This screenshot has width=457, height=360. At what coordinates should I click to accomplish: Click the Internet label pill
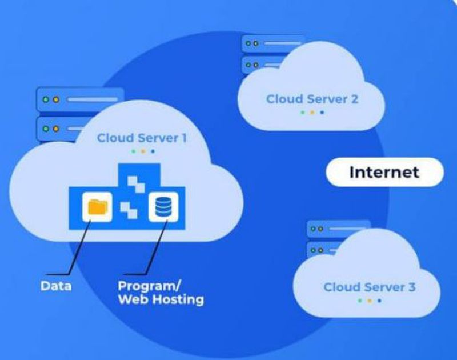[384, 172]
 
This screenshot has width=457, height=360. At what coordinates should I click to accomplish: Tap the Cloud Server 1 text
[142, 138]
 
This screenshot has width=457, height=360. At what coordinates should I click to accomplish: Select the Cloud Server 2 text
[312, 99]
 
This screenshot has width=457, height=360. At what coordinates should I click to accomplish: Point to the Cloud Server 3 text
[369, 287]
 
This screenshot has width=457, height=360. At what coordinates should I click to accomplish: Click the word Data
[56, 285]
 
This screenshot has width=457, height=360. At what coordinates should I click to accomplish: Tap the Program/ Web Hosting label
[160, 292]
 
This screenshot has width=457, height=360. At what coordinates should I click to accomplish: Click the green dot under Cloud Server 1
[133, 151]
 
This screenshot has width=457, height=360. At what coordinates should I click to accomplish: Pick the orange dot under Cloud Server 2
[312, 113]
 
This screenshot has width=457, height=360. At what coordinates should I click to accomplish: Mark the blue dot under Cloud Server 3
[380, 301]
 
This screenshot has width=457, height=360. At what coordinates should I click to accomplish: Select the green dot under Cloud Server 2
[302, 113]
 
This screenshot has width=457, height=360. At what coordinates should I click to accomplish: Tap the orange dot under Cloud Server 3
[370, 301]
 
